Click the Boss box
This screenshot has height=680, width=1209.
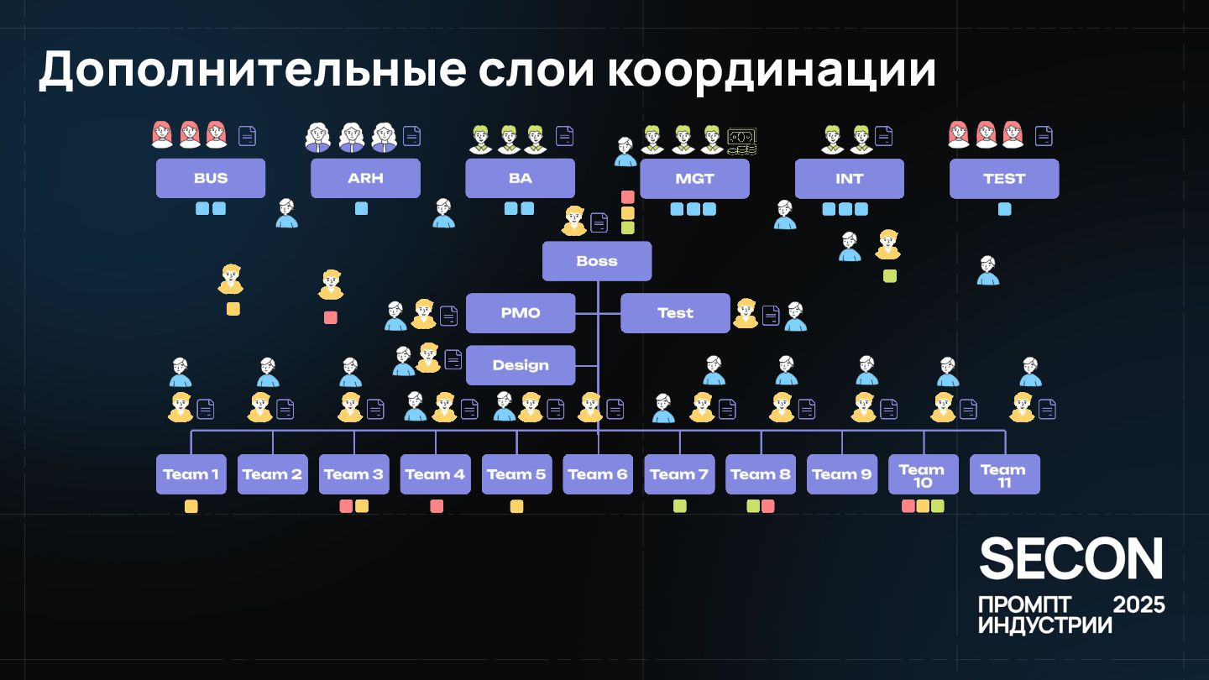(x=596, y=261)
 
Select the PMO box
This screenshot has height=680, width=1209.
(x=521, y=313)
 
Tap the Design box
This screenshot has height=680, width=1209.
(x=521, y=365)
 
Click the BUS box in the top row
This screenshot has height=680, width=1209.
(x=210, y=178)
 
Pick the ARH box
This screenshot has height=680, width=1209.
(x=365, y=178)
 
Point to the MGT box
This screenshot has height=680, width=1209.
(x=694, y=179)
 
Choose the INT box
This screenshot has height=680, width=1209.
(x=849, y=178)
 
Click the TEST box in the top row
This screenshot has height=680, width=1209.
(x=1004, y=178)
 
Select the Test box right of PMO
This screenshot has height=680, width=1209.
(x=675, y=313)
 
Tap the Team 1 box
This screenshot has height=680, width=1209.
(x=191, y=474)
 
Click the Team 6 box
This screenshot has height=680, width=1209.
(x=597, y=474)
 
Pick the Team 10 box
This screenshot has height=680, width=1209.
(x=923, y=475)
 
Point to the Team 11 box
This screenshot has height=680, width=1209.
(x=1004, y=475)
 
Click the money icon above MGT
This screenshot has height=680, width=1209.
(x=741, y=139)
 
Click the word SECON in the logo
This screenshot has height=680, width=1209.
(x=1070, y=559)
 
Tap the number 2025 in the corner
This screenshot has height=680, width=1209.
(x=1138, y=604)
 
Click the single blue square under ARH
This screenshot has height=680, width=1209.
(x=361, y=209)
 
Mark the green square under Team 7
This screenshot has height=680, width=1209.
(x=680, y=506)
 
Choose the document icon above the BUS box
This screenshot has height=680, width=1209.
(x=248, y=135)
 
